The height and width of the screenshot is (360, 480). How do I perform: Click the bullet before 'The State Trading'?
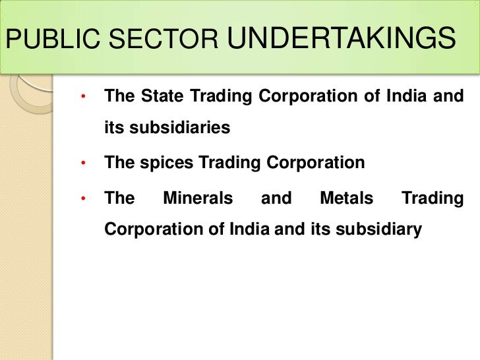pos(84,98)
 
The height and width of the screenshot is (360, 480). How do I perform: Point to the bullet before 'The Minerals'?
pos(84,198)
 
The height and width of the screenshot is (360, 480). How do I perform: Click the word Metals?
pos(346,198)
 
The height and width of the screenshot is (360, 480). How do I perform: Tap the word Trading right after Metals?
pos(433,198)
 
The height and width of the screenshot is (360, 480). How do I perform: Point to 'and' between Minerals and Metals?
pos(276,198)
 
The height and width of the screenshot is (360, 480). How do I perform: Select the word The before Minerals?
pos(119,198)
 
